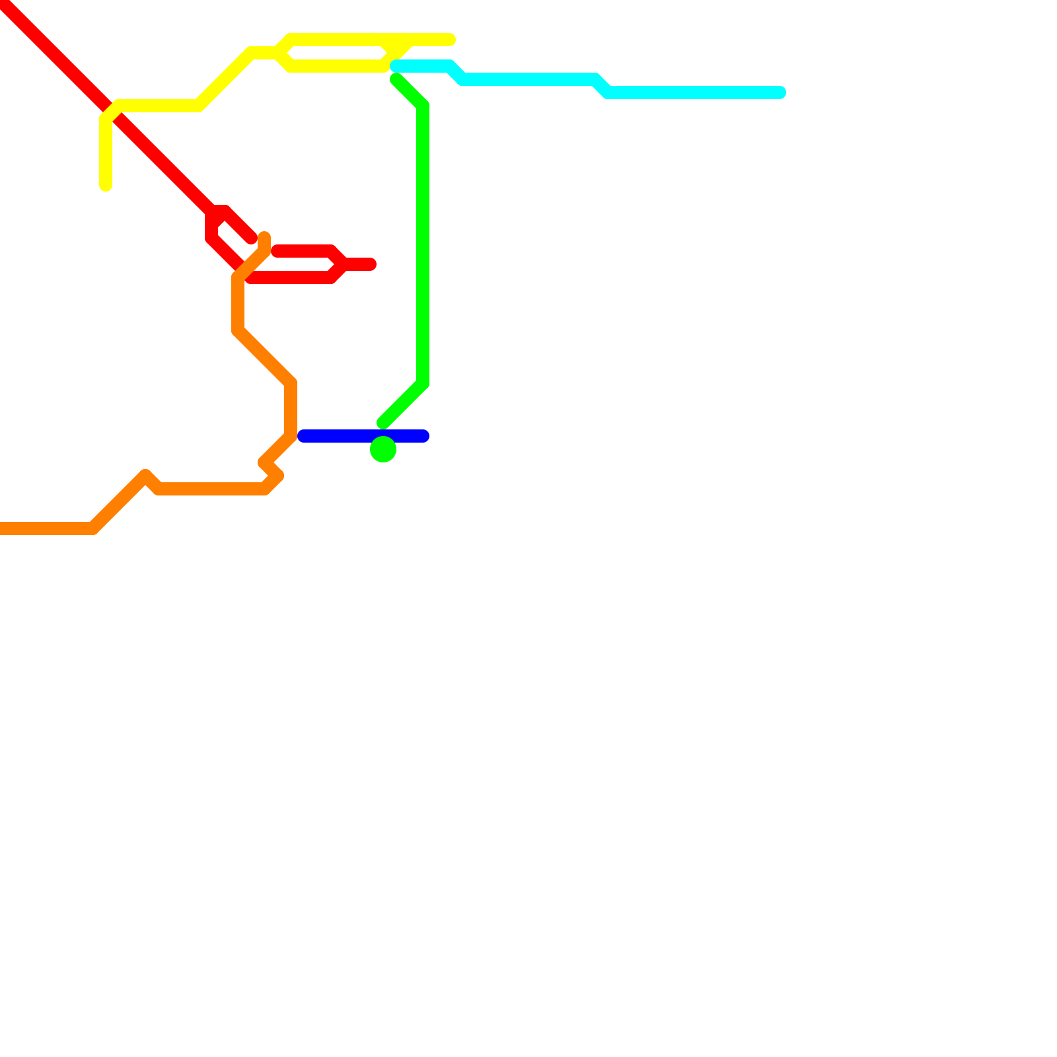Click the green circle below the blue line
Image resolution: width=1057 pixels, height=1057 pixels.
tap(383, 449)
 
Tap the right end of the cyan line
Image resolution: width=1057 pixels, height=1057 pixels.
tap(780, 92)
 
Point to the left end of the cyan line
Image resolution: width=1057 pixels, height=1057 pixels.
tap(396, 66)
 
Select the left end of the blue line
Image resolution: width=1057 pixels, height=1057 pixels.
tap(303, 436)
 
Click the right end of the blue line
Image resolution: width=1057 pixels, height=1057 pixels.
tap(423, 436)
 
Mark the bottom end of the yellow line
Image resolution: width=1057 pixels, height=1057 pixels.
tap(106, 186)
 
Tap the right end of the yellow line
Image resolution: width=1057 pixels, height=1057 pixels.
tap(450, 40)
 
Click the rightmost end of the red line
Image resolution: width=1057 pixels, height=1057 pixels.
tap(371, 264)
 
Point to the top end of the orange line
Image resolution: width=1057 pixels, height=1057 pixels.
tap(264, 237)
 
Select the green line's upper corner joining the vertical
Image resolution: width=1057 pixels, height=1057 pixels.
tap(423, 106)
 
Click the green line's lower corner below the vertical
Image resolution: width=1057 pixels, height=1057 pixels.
tap(423, 383)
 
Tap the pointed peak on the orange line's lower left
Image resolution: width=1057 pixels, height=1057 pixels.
tap(145, 475)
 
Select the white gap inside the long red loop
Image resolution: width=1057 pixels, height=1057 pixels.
tap(297, 264)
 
